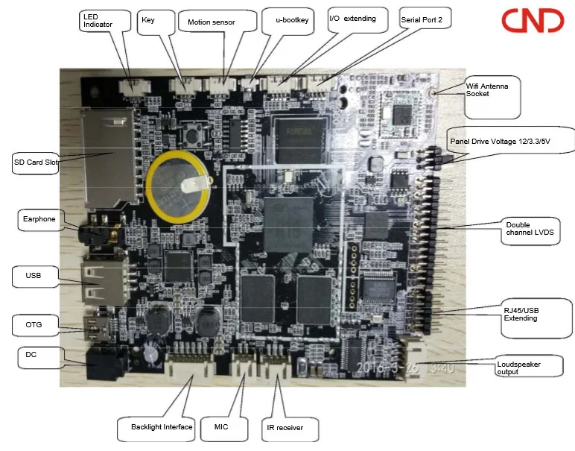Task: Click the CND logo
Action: (x=532, y=21)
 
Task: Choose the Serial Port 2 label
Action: (x=423, y=20)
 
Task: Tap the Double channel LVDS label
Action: (x=530, y=229)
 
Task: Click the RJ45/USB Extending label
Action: (x=526, y=314)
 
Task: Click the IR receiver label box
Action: (x=291, y=429)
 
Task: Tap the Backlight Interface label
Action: (x=162, y=426)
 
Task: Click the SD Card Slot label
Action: (x=36, y=162)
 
